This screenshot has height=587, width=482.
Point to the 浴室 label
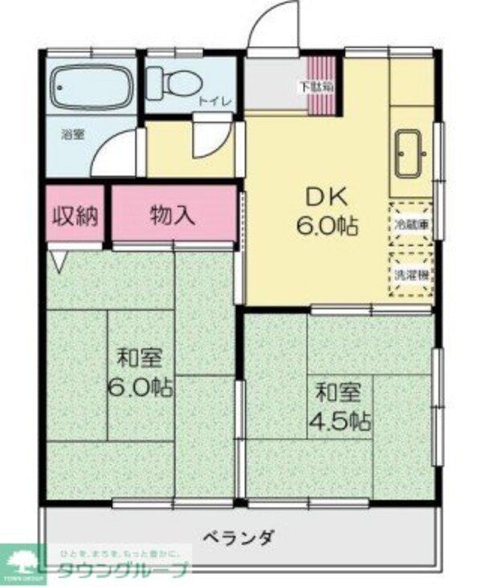point(73,134)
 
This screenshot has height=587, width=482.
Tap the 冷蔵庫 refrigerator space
point(411,222)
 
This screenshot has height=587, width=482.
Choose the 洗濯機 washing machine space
point(411,274)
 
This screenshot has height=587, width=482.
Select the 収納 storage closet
point(75,215)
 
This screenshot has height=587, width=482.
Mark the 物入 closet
point(173,215)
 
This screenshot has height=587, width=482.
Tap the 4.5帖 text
point(341,420)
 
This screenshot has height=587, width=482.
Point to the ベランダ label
point(239,537)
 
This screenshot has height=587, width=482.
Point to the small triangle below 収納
point(59,259)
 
